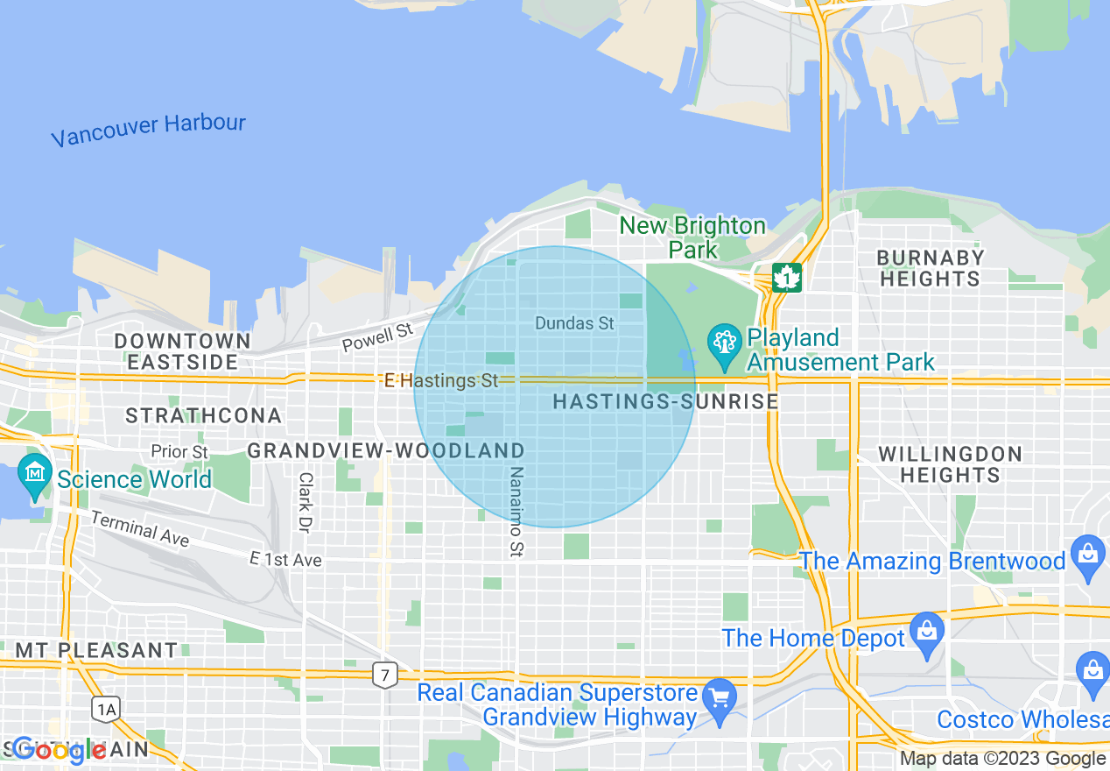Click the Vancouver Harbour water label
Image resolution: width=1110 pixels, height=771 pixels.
coord(148,131)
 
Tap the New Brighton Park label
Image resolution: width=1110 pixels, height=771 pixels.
coord(692,237)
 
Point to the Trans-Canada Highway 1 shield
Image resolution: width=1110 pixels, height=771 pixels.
coord(787,277)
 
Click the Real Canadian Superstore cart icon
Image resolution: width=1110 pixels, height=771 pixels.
coord(720,697)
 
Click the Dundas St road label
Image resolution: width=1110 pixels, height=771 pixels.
coord(574,323)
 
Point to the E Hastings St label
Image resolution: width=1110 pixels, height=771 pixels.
coord(441,380)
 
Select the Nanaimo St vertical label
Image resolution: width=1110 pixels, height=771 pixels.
coord(516,511)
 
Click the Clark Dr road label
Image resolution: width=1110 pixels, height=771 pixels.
coord(305,503)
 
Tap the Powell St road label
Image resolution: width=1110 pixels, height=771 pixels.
coord(377,337)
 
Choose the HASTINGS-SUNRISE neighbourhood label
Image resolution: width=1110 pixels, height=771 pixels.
coord(665,402)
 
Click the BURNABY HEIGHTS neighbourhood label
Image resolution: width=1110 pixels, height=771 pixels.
coord(930,268)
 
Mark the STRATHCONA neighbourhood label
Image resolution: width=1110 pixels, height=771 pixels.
coord(203,415)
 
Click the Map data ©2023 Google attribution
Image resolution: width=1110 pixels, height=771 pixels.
coord(1002,759)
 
